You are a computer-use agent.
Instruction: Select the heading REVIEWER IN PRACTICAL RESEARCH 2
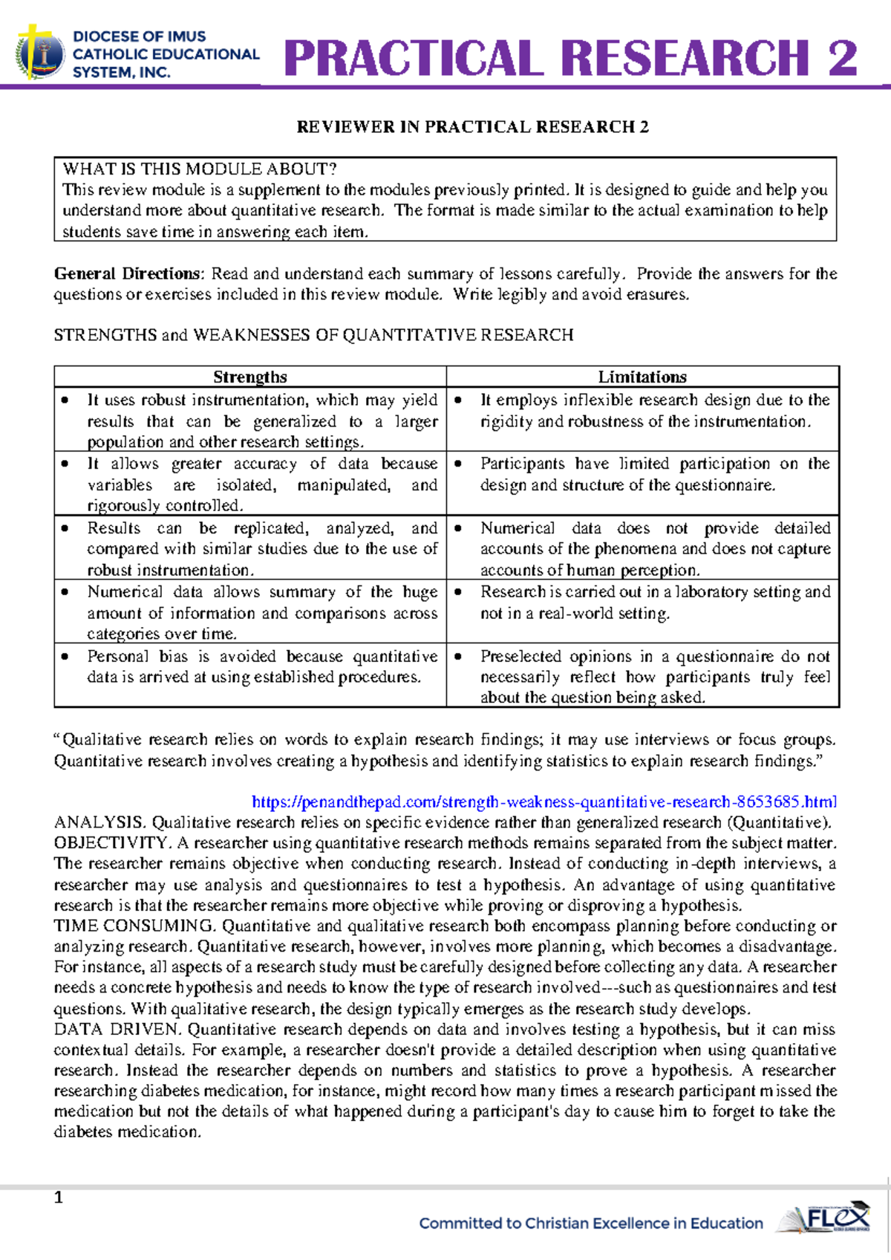point(472,127)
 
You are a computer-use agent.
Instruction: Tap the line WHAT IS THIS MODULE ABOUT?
point(200,169)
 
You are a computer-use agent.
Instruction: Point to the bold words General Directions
point(127,273)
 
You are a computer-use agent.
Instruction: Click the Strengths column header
point(250,377)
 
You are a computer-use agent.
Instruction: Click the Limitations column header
point(642,377)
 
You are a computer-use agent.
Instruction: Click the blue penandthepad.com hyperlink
point(544,802)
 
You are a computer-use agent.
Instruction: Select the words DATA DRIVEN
point(117,1030)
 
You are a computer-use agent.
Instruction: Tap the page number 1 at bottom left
point(59,1197)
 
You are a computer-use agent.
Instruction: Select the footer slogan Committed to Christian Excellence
point(591,1223)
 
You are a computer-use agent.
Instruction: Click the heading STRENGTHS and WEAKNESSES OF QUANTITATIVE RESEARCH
point(313,335)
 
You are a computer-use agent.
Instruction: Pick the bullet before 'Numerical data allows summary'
point(65,592)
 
